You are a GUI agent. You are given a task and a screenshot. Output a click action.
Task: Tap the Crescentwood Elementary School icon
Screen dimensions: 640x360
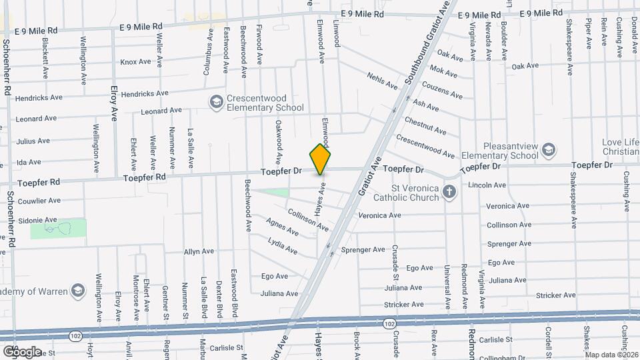(216, 102)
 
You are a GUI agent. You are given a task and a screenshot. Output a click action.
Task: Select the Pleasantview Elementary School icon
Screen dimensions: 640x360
(548, 149)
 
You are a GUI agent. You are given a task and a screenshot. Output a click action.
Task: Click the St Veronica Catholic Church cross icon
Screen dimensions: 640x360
(449, 193)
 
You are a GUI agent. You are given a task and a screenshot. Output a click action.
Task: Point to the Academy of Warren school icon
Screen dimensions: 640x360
(78, 291)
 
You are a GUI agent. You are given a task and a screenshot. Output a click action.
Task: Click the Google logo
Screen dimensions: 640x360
(22, 351)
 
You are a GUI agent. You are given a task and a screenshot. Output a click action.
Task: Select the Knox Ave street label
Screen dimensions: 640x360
(136, 62)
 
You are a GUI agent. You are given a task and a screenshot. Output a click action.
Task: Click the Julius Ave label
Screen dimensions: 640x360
(33, 141)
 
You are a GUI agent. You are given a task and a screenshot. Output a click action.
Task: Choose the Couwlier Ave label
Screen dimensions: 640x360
(37, 199)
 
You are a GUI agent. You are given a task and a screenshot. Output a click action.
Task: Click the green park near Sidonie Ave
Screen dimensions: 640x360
(58, 229)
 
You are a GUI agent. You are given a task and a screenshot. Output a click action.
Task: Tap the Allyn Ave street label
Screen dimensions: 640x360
(199, 251)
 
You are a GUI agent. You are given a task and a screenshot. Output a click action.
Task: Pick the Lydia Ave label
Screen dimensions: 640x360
(283, 245)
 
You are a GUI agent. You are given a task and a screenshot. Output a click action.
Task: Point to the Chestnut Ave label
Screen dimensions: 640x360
(425, 125)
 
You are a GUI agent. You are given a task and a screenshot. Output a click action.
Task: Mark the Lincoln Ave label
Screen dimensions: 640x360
(487, 185)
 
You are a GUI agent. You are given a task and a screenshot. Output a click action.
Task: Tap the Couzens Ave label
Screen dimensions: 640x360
(443, 91)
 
